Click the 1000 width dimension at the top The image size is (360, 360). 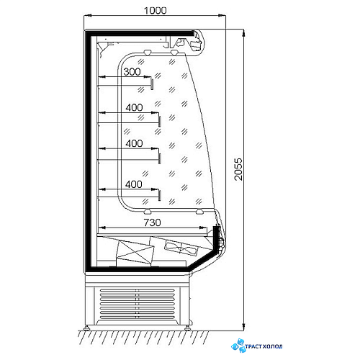pyautogui.click(x=155, y=10)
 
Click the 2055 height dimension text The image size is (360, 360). pyautogui.click(x=238, y=169)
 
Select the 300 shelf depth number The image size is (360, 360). pyautogui.click(x=132, y=71)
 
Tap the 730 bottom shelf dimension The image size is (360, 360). pyautogui.click(x=153, y=222)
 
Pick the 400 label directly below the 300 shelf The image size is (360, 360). pyautogui.click(x=134, y=107)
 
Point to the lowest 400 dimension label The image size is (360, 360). pyautogui.click(x=134, y=184)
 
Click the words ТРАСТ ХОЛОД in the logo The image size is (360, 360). pyautogui.click(x=264, y=346)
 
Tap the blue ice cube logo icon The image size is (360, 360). pyautogui.click(x=238, y=346)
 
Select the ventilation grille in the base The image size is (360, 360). pyautogui.click(x=138, y=304)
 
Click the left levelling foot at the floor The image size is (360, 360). pyautogui.click(x=86, y=328)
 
